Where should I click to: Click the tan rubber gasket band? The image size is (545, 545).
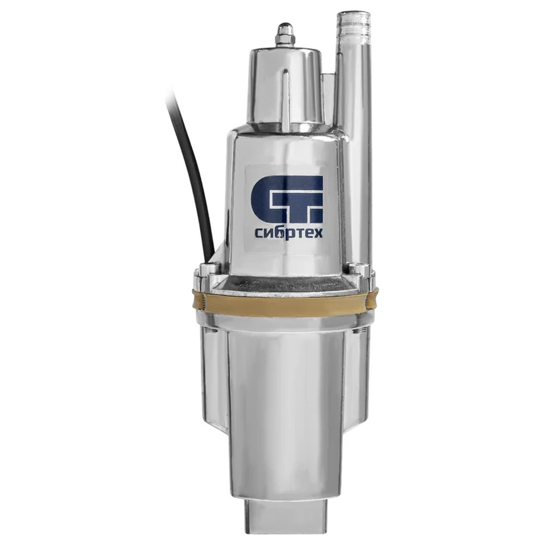pos(285,302)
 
